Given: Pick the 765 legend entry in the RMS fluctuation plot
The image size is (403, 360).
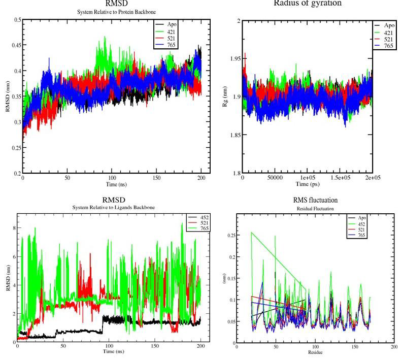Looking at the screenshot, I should point(360,236).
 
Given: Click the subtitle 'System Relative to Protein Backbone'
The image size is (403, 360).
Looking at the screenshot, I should point(113,11).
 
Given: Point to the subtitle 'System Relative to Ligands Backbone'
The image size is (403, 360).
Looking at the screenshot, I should point(113,208).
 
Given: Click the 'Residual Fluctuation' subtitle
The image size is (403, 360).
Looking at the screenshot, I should point(315,208).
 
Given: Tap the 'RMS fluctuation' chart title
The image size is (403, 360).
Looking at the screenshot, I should point(315,200).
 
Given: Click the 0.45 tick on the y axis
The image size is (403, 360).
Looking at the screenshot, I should point(15,45).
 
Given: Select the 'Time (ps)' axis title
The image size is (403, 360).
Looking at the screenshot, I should point(308,184).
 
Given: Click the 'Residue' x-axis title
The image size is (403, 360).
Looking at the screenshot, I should point(315,352).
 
